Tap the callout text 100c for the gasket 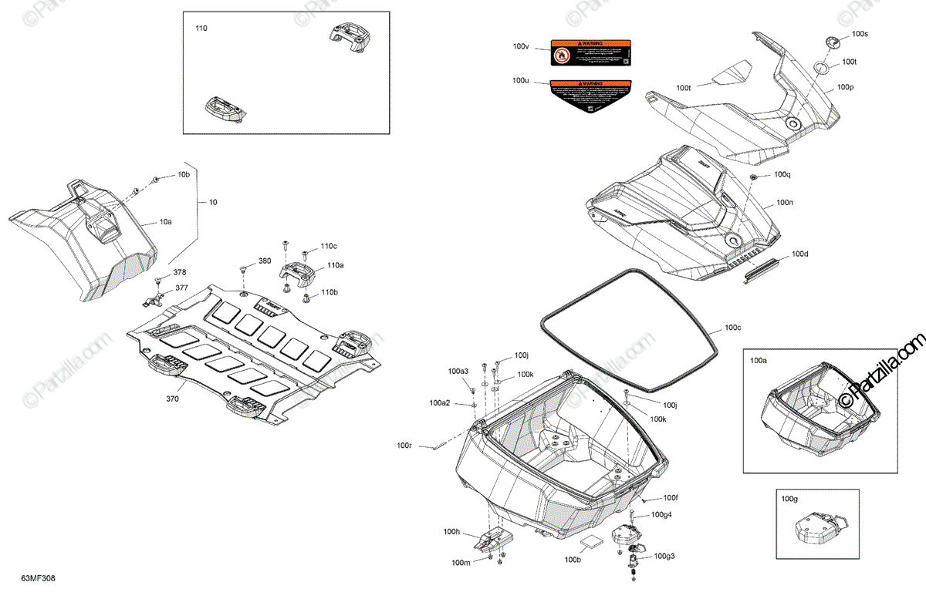pyautogui.click(x=732, y=328)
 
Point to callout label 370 pyautogui.click(x=171, y=399)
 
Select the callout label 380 pyautogui.click(x=265, y=261)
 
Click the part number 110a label pyautogui.click(x=334, y=264)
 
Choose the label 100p pyautogui.click(x=845, y=87)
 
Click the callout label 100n pyautogui.click(x=785, y=202)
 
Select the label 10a pyautogui.click(x=166, y=221)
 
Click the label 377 pyautogui.click(x=181, y=288)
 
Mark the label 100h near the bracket pyautogui.click(x=451, y=532)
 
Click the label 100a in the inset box pyautogui.click(x=759, y=360)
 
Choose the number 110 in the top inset pyautogui.click(x=201, y=28)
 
